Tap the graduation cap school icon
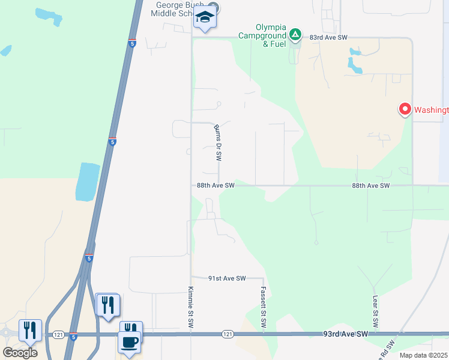205,18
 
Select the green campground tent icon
295,34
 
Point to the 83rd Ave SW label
329,37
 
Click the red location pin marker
405,109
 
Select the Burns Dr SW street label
218,143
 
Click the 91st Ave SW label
228,278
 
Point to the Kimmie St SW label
191,308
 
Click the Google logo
20,353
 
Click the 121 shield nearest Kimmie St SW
227,334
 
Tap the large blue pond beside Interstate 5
88,181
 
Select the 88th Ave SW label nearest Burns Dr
215,186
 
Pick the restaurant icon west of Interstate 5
30,330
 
